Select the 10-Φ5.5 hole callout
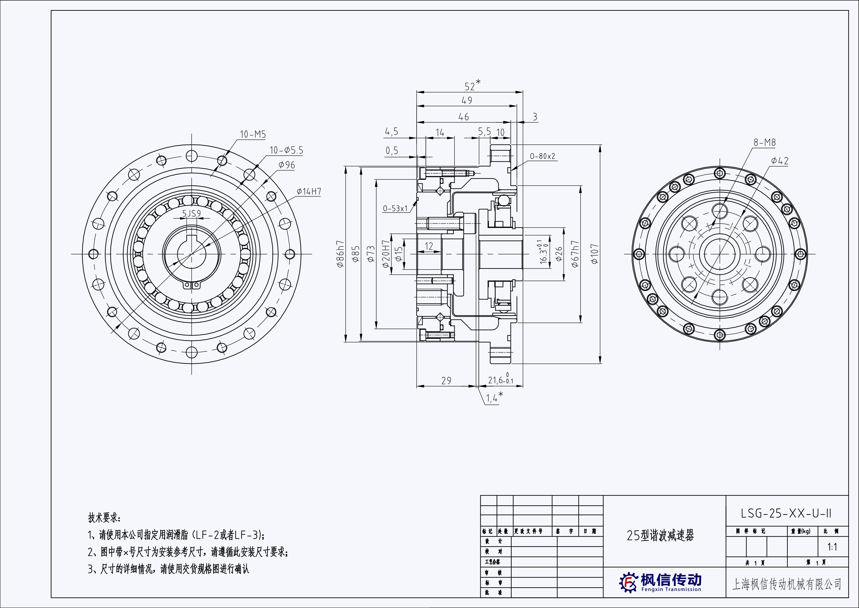point(286,150)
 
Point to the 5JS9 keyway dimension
point(192,213)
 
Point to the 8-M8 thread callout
point(764,143)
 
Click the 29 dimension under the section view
point(446,381)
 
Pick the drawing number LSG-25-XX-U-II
point(786,513)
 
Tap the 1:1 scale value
point(832,547)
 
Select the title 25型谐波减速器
point(660,536)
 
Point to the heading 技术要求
point(104,518)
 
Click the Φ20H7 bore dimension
point(386,255)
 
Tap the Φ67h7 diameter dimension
point(575,253)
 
